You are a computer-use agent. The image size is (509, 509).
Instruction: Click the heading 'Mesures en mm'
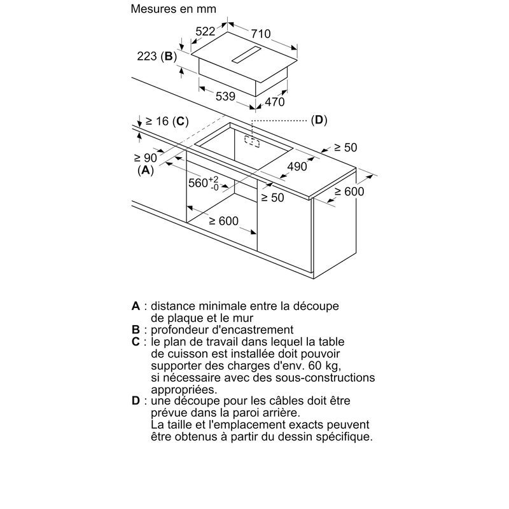click(x=173, y=9)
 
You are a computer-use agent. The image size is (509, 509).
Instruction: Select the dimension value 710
click(x=261, y=34)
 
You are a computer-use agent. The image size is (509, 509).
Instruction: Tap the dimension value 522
click(x=206, y=31)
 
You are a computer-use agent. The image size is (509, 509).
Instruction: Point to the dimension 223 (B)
click(x=157, y=57)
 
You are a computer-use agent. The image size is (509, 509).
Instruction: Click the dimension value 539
click(x=225, y=97)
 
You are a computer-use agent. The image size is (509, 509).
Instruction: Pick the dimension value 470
click(x=275, y=102)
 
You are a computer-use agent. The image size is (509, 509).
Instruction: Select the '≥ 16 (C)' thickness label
click(x=167, y=122)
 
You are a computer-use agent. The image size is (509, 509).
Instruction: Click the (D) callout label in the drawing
click(x=319, y=120)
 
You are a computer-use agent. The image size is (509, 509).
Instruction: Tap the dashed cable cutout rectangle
click(x=252, y=141)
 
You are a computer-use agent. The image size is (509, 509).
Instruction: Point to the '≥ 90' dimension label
click(x=146, y=158)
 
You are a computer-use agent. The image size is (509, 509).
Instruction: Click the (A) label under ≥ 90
click(x=146, y=170)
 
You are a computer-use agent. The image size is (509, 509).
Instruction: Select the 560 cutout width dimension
click(x=204, y=183)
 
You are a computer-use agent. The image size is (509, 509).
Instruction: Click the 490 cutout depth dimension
click(x=297, y=167)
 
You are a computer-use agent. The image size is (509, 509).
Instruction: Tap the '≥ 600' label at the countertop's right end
click(x=349, y=192)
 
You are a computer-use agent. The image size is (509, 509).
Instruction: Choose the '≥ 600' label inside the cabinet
click(x=224, y=221)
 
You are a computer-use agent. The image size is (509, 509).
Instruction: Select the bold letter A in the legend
click(x=136, y=306)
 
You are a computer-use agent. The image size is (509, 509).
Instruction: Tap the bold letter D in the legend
click(x=136, y=401)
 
